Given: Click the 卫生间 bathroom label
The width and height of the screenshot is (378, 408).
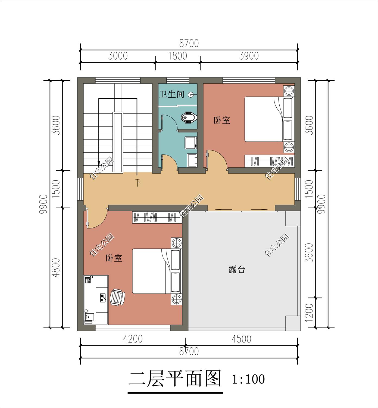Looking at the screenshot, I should (172, 95).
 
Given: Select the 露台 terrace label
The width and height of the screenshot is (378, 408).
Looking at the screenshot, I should (237, 270).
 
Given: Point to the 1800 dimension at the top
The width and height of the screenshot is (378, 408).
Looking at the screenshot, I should (177, 56).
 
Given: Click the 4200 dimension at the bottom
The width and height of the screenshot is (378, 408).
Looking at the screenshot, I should (133, 339).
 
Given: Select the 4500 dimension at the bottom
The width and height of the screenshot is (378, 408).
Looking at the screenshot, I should (241, 339).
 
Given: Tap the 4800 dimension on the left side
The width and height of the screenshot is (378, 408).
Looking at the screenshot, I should (57, 268).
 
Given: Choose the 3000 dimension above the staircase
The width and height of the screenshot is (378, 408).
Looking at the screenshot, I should (118, 56).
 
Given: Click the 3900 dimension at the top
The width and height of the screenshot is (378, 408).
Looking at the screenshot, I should (249, 56).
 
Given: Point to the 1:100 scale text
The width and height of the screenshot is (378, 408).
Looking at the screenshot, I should (248, 379).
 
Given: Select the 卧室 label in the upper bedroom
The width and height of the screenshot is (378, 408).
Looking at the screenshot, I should (222, 120).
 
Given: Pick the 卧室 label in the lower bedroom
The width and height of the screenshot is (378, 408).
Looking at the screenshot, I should (114, 258).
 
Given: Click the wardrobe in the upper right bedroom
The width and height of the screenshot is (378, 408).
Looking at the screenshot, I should (270, 161).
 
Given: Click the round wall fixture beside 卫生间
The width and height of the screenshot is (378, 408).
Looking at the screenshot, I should (192, 95).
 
